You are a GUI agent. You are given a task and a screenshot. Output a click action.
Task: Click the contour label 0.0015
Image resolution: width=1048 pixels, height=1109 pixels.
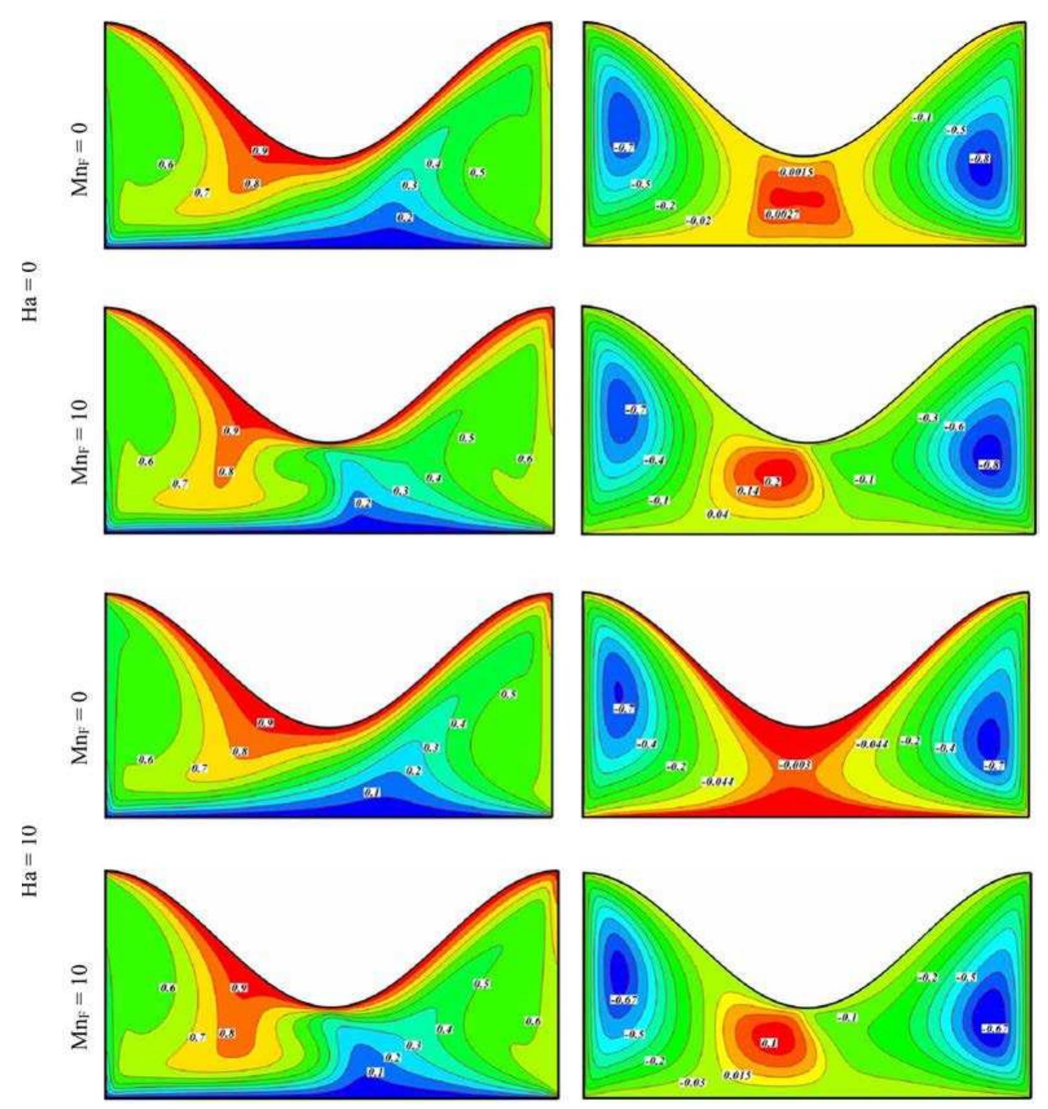(x=796, y=172)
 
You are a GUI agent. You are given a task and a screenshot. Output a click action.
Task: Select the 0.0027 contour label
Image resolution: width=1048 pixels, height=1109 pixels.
(x=782, y=214)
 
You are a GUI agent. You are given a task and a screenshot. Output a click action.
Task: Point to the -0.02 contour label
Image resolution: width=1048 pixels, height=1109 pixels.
(x=699, y=221)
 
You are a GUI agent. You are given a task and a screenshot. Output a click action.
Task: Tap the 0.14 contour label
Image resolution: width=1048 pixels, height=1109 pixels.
(x=748, y=492)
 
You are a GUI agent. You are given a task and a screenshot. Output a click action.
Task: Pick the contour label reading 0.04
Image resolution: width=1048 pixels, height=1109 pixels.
(x=718, y=514)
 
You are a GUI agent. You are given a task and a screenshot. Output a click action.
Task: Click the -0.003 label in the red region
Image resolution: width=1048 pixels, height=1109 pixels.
(x=795, y=765)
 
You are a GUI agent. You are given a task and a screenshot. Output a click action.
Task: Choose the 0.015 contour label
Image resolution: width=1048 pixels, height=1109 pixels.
(x=737, y=1075)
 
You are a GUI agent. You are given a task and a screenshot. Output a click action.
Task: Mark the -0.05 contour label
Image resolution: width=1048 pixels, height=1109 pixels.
(x=692, y=1082)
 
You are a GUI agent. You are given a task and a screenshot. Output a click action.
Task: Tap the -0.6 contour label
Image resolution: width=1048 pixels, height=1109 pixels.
(x=955, y=426)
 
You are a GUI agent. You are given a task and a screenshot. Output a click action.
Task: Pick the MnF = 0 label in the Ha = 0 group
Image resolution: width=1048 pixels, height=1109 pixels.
(x=80, y=158)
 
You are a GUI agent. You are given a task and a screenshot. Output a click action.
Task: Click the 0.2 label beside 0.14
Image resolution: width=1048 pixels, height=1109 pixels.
(x=773, y=481)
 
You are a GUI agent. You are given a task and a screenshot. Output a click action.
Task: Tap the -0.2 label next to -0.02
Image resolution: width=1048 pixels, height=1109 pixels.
(x=666, y=205)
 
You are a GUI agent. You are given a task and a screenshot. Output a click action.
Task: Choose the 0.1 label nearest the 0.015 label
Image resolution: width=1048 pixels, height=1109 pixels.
(x=769, y=1044)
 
